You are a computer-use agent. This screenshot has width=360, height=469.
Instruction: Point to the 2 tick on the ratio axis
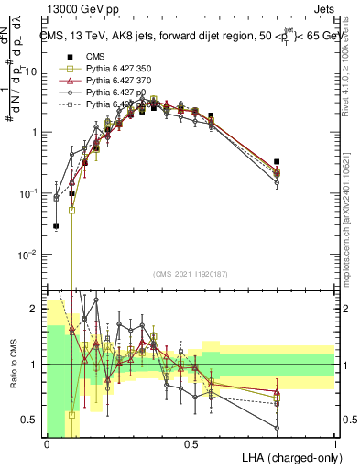pyautogui.click(x=34, y=310)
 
